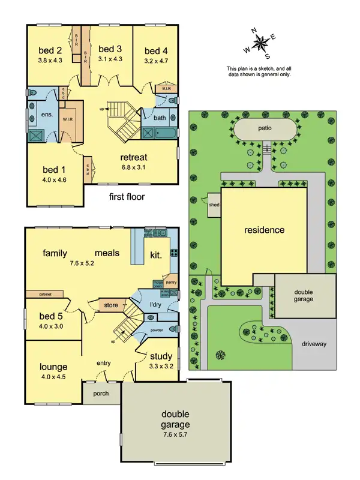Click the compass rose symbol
point(262,42)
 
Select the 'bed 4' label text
point(156,50)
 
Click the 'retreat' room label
point(134,158)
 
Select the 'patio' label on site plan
point(266,129)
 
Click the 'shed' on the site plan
point(214,203)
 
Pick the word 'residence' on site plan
point(264,230)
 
